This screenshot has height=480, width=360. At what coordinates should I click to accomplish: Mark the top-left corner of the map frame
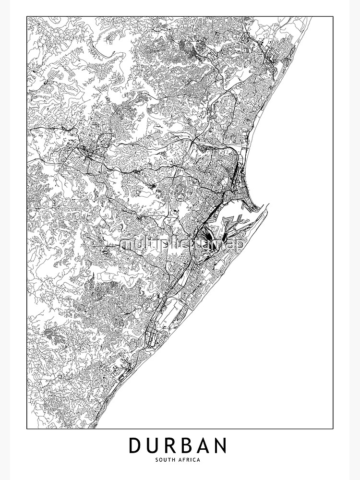point(27,17)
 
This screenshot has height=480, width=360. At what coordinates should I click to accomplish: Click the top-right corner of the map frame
point(333,17)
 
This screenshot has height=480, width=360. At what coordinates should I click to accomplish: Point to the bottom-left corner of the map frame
point(27,428)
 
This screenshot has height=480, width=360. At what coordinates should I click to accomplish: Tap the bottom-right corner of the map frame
point(333,428)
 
